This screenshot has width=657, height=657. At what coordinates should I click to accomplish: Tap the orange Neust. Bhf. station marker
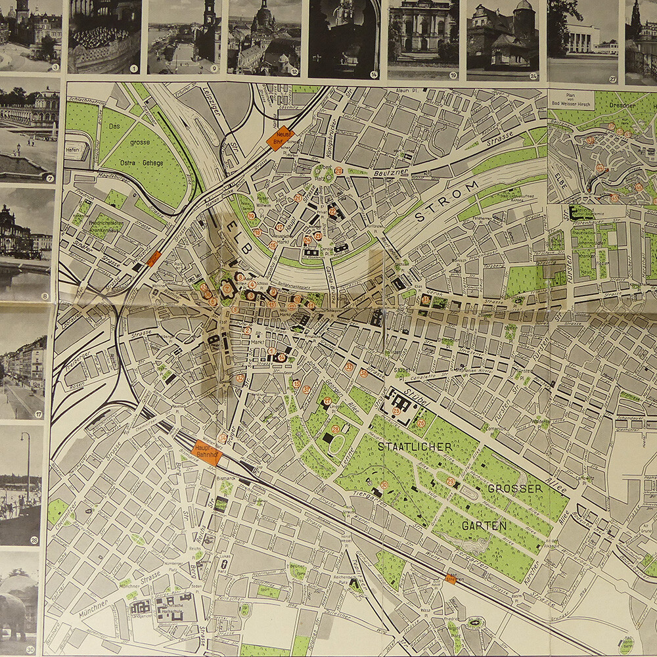(x=281, y=138)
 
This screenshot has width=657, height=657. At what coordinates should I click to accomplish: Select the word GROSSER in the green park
(x=515, y=489)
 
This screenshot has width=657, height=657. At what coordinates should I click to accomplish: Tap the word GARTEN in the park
(x=484, y=526)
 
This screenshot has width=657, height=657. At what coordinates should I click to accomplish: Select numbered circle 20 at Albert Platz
(x=338, y=171)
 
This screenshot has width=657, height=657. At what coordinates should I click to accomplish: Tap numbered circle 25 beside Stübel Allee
(x=396, y=411)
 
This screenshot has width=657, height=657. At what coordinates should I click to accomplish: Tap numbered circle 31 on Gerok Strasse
(x=426, y=300)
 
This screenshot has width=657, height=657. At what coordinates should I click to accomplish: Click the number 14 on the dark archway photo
(x=373, y=74)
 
